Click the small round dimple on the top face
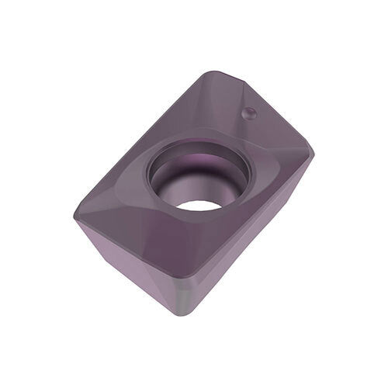[x=250, y=113]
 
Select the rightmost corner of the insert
[x=314, y=147]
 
